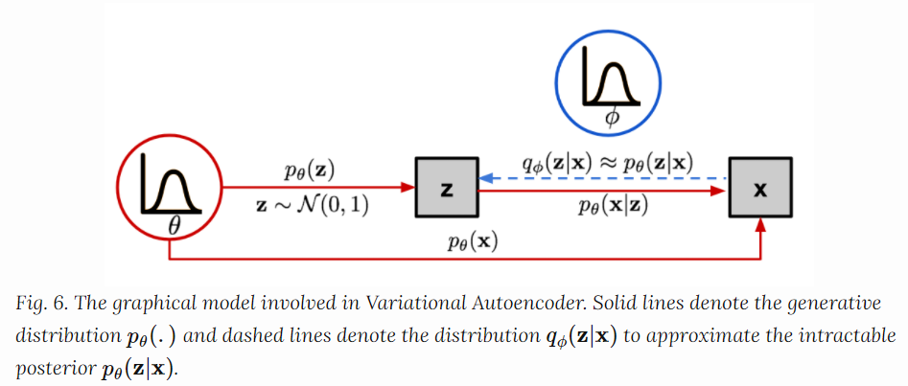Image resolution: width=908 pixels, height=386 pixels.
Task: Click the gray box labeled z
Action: (x=446, y=190)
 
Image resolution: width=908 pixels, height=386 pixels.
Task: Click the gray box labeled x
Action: (x=760, y=190)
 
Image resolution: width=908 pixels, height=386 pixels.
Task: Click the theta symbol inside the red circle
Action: (x=174, y=225)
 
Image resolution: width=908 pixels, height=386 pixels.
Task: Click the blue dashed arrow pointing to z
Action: (x=604, y=178)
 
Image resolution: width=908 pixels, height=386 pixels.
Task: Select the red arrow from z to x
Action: (x=604, y=192)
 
